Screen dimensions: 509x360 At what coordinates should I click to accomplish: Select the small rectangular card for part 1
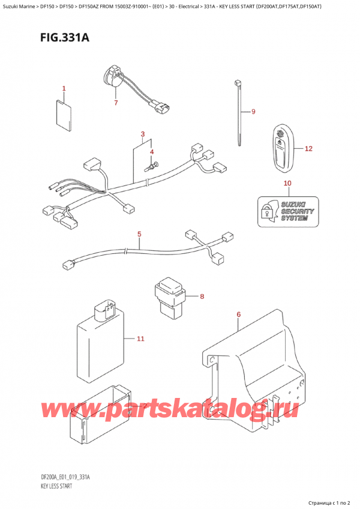64,115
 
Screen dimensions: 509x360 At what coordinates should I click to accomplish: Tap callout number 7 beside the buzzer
116,103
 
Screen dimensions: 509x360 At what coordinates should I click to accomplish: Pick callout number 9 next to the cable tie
253,112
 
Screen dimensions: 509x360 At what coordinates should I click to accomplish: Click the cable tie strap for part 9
239,114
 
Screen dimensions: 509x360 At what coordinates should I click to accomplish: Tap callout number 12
308,148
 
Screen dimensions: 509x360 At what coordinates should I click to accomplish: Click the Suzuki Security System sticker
287,211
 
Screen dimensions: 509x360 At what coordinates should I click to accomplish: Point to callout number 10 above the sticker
287,183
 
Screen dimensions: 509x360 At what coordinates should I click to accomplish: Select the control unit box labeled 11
100,339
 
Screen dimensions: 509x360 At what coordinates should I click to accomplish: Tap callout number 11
140,339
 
